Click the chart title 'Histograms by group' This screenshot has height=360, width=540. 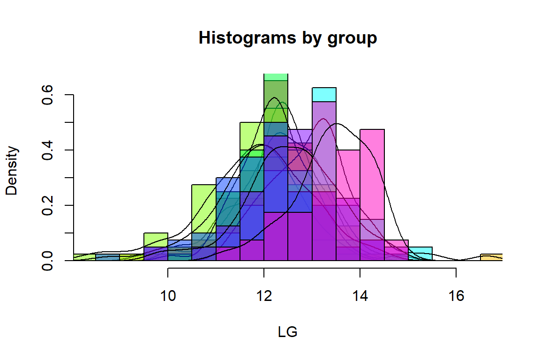tap(287, 38)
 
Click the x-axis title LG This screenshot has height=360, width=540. tap(287, 332)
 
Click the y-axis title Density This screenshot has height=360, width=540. tap(13, 171)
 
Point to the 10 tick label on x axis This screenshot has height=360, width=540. tap(168, 296)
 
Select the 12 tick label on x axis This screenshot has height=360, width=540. tap(264, 296)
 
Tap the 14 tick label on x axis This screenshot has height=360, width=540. tap(360, 296)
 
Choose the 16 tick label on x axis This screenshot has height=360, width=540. tap(456, 296)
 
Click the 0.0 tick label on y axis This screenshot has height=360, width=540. tap(47, 260)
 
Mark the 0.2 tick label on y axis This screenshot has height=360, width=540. tap(47, 205)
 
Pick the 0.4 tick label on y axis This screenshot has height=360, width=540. tap(47, 150)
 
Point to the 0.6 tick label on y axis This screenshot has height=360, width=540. tap(47, 95)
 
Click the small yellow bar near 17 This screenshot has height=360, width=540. tap(491, 257)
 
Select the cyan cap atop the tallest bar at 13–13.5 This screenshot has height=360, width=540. tap(324, 94)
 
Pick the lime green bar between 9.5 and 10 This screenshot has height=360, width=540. tap(156, 240)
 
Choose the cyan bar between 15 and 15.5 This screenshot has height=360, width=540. tap(420, 250)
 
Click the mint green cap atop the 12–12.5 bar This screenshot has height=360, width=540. tap(276, 77)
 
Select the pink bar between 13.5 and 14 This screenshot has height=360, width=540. tap(348, 173)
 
